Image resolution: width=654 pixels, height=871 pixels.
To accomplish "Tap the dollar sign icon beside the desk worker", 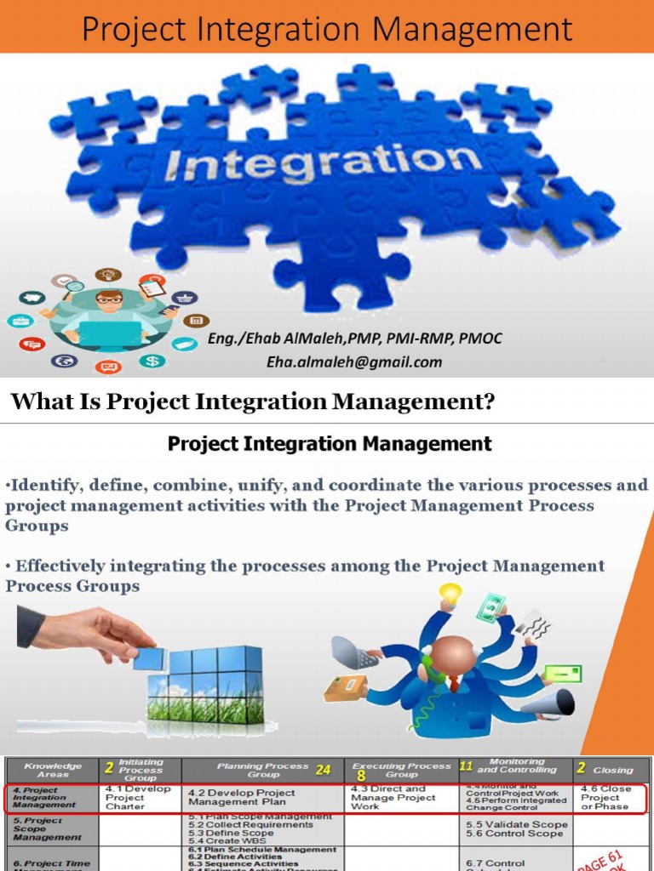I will [x=153, y=361].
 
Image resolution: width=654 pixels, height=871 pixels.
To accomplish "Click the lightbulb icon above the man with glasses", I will [x=108, y=275].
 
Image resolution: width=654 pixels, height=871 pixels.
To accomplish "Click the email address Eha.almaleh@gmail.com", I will [x=354, y=361].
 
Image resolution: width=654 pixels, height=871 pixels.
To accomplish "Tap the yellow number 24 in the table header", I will [x=323, y=770].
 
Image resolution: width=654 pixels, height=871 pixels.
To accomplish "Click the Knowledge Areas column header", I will [x=54, y=770].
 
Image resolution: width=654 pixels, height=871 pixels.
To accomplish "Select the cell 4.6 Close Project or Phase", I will [x=606, y=797].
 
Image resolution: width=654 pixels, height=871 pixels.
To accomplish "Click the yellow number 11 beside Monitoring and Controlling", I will [x=466, y=766].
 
